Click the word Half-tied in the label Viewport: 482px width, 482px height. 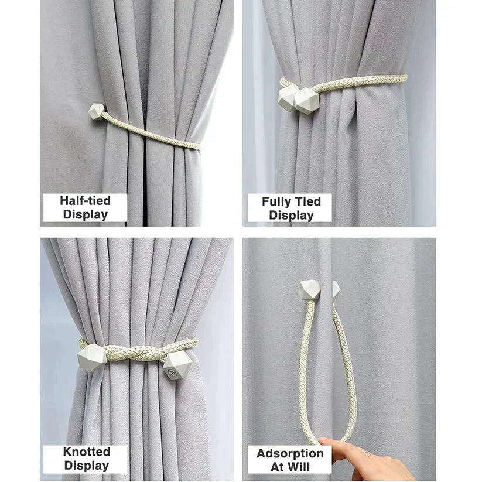(x=85, y=201)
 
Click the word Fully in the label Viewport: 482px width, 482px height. (x=277, y=201)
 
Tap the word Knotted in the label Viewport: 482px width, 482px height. (x=86, y=452)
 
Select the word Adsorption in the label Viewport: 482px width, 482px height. (x=290, y=453)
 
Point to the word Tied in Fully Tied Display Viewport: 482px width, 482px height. (x=308, y=201)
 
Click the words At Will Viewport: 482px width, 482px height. (x=290, y=467)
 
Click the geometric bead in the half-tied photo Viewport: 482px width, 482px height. (x=97, y=112)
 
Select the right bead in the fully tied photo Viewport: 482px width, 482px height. (x=306, y=101)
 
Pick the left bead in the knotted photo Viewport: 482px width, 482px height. (x=92, y=358)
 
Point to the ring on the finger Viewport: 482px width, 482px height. (x=367, y=453)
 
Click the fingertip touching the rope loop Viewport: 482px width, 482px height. (x=323, y=441)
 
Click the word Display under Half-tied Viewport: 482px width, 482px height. (x=85, y=214)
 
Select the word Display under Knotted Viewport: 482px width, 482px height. (x=86, y=466)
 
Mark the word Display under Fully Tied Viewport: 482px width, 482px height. (x=291, y=215)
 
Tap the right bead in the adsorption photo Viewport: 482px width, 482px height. (x=336, y=290)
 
